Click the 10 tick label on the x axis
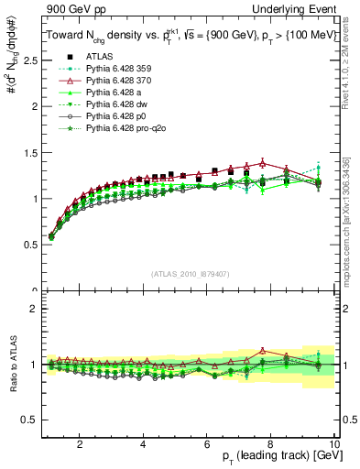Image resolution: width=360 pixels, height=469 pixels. (335, 443)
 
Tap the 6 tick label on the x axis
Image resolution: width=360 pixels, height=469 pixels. (207, 443)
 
